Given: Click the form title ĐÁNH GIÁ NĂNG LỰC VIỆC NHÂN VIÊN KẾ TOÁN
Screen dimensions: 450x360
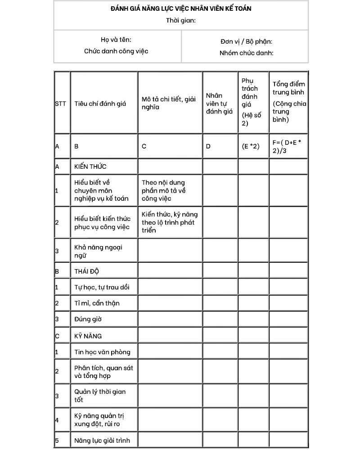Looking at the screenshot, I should point(180,9).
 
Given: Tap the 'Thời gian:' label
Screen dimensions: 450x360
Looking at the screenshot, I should point(180,20).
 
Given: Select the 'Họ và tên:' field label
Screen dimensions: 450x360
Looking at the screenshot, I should point(116,40).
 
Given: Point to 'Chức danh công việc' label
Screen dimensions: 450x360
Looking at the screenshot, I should point(116,51).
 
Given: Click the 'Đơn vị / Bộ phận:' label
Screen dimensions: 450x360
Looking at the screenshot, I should point(246,41).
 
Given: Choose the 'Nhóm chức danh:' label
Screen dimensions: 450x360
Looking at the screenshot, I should point(246,53).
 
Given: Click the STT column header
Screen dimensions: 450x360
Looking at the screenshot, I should point(60,103).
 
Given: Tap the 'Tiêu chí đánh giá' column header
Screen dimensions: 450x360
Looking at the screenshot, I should point(100,103).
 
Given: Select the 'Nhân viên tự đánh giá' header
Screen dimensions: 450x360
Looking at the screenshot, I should point(219,103).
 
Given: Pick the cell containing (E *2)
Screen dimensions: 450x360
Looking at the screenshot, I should point(251,146).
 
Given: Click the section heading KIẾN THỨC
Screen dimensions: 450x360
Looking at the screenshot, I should point(90,166).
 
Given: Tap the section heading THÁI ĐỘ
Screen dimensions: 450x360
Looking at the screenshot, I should point(86,271).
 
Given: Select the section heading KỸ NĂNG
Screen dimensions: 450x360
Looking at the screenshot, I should point(88,336).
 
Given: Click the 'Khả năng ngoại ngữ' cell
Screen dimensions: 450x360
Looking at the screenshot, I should point(98,251).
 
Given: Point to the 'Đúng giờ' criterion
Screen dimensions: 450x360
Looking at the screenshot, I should point(88,319).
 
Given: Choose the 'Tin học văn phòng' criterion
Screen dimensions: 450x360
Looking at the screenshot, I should point(102,352).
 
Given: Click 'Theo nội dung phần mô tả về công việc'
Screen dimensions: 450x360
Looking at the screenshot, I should point(163,190).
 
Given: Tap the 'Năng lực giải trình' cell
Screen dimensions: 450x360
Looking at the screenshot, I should point(102,440).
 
